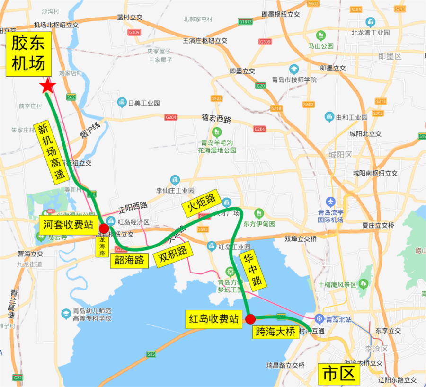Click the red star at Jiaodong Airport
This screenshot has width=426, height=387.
point(47,86)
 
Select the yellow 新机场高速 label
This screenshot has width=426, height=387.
point(50,150)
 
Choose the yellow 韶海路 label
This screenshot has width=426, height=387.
point(129,259)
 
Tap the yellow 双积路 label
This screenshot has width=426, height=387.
point(174,256)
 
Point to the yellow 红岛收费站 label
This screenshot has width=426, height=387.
point(213,317)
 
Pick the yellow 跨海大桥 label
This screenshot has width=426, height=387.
point(275,332)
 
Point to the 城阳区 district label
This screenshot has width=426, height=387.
point(340,155)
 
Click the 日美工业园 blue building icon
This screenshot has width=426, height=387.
point(122,103)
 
